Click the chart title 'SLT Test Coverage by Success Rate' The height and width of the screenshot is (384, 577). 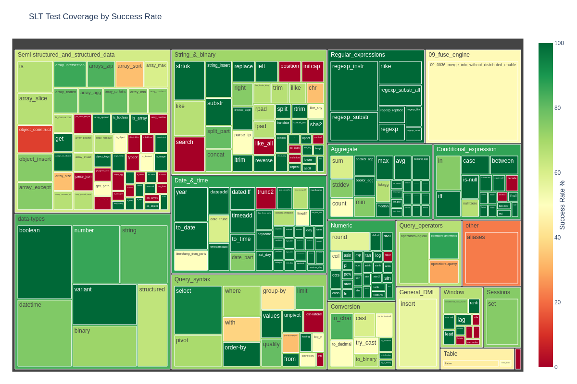coord(95,17)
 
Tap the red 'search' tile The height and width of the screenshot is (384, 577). coord(189,154)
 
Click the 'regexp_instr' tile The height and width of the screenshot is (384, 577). coord(354,86)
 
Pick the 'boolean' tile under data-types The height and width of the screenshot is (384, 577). coord(44,262)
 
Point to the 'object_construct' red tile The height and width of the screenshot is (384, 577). coord(35,139)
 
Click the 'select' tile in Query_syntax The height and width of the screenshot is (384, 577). coord(198,310)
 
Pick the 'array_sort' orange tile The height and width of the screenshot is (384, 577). coord(129,74)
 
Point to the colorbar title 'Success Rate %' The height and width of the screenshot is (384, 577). coord(562,205)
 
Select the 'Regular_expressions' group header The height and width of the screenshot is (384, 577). coord(358,55)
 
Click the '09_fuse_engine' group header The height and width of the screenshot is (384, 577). coord(449,55)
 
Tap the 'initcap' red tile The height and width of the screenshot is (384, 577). coord(313,72)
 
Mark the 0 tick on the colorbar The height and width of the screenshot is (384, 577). coord(557,367)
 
